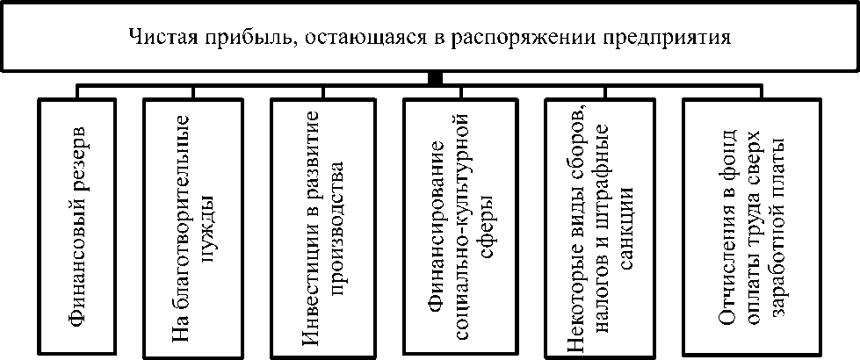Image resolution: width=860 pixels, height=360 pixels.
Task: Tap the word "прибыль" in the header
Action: coord(222,39)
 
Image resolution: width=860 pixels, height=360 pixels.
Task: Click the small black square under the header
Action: coord(434,79)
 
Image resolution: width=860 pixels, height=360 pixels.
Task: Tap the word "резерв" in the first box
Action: coord(78,161)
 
